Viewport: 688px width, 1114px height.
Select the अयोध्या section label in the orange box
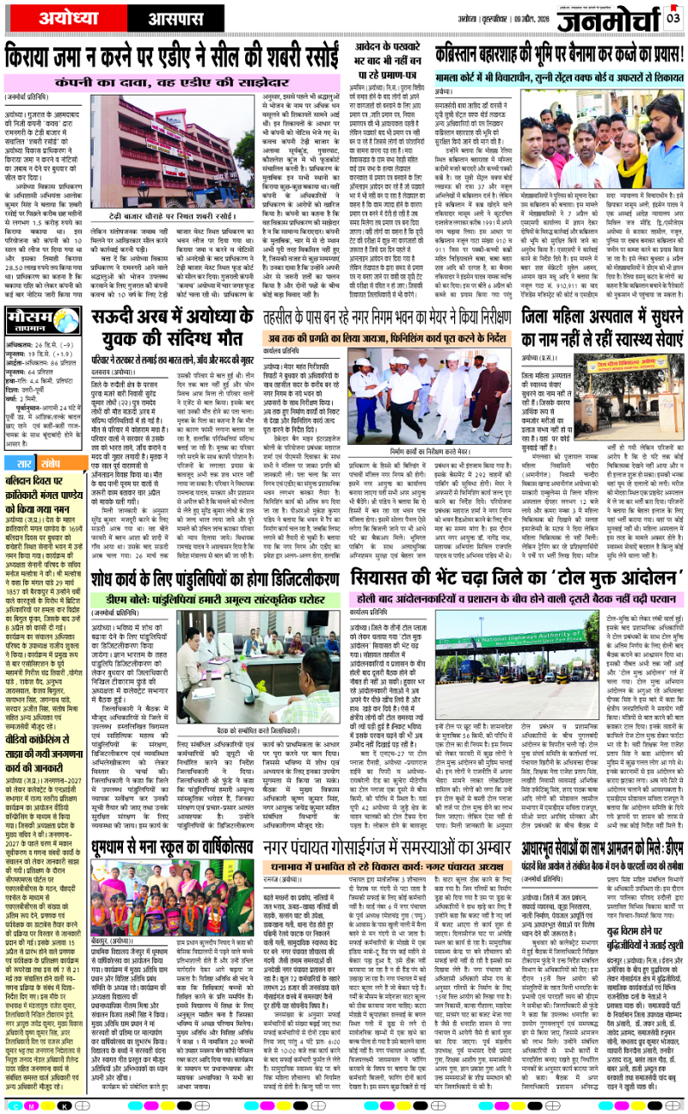pos(53,15)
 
